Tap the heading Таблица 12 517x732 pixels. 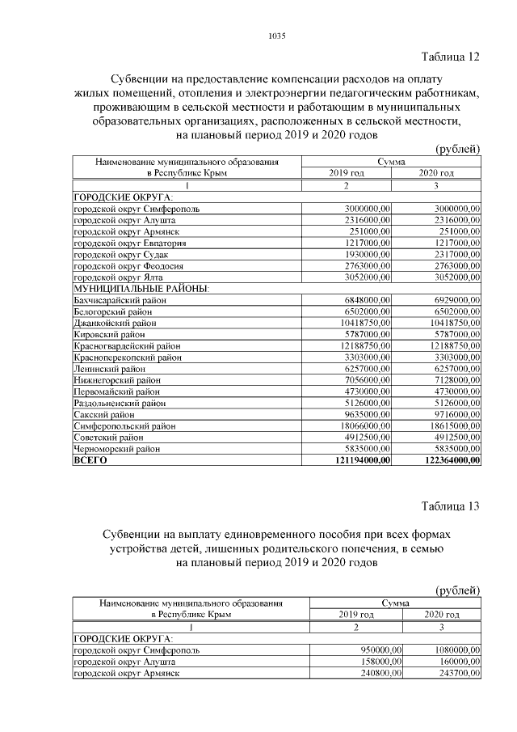point(451,57)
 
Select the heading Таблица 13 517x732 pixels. point(451,507)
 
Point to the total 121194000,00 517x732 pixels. point(359,460)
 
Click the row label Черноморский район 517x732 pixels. point(117,448)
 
